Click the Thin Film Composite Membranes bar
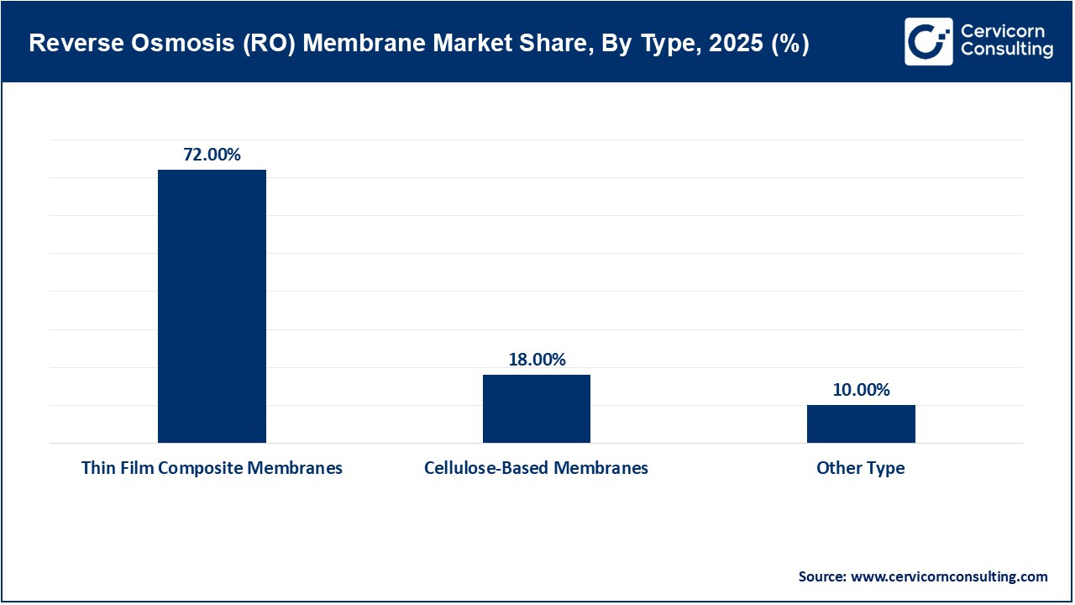[212, 306]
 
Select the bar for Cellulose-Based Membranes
[536, 408]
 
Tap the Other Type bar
[861, 423]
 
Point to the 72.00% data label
[212, 155]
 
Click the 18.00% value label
[536, 360]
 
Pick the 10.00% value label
[861, 390]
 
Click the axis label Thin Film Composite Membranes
[212, 468]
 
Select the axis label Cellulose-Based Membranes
[536, 468]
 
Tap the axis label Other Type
[861, 468]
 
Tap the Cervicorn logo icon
[927, 41]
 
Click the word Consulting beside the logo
[1006, 50]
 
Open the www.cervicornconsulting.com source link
[949, 576]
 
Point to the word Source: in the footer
[822, 576]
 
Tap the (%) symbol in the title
[790, 45]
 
